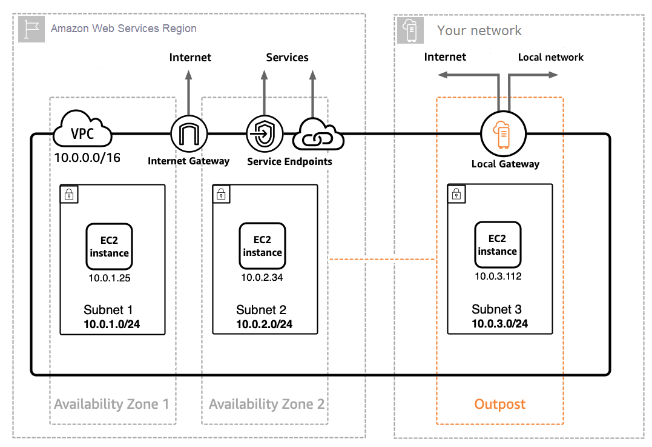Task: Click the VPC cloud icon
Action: click(82, 129)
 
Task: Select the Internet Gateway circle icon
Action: click(189, 133)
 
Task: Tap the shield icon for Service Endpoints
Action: click(265, 133)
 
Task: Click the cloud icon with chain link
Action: click(318, 134)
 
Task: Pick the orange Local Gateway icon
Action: click(503, 134)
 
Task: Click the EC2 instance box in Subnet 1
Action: click(110, 247)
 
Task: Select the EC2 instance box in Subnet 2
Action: click(262, 246)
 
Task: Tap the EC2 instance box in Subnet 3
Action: click(498, 244)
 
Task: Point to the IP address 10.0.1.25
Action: click(110, 278)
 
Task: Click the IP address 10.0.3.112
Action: click(498, 276)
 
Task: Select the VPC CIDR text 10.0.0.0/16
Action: click(87, 158)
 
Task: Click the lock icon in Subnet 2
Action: click(221, 194)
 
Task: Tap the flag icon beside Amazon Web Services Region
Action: click(31, 29)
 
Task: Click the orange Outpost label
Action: click(500, 404)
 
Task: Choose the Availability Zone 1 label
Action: click(111, 404)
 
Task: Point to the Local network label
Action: click(550, 57)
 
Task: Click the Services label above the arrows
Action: click(288, 58)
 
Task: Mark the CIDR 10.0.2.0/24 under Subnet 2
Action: click(265, 324)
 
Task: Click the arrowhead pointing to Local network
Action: click(553, 75)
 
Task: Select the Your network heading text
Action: click(479, 30)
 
